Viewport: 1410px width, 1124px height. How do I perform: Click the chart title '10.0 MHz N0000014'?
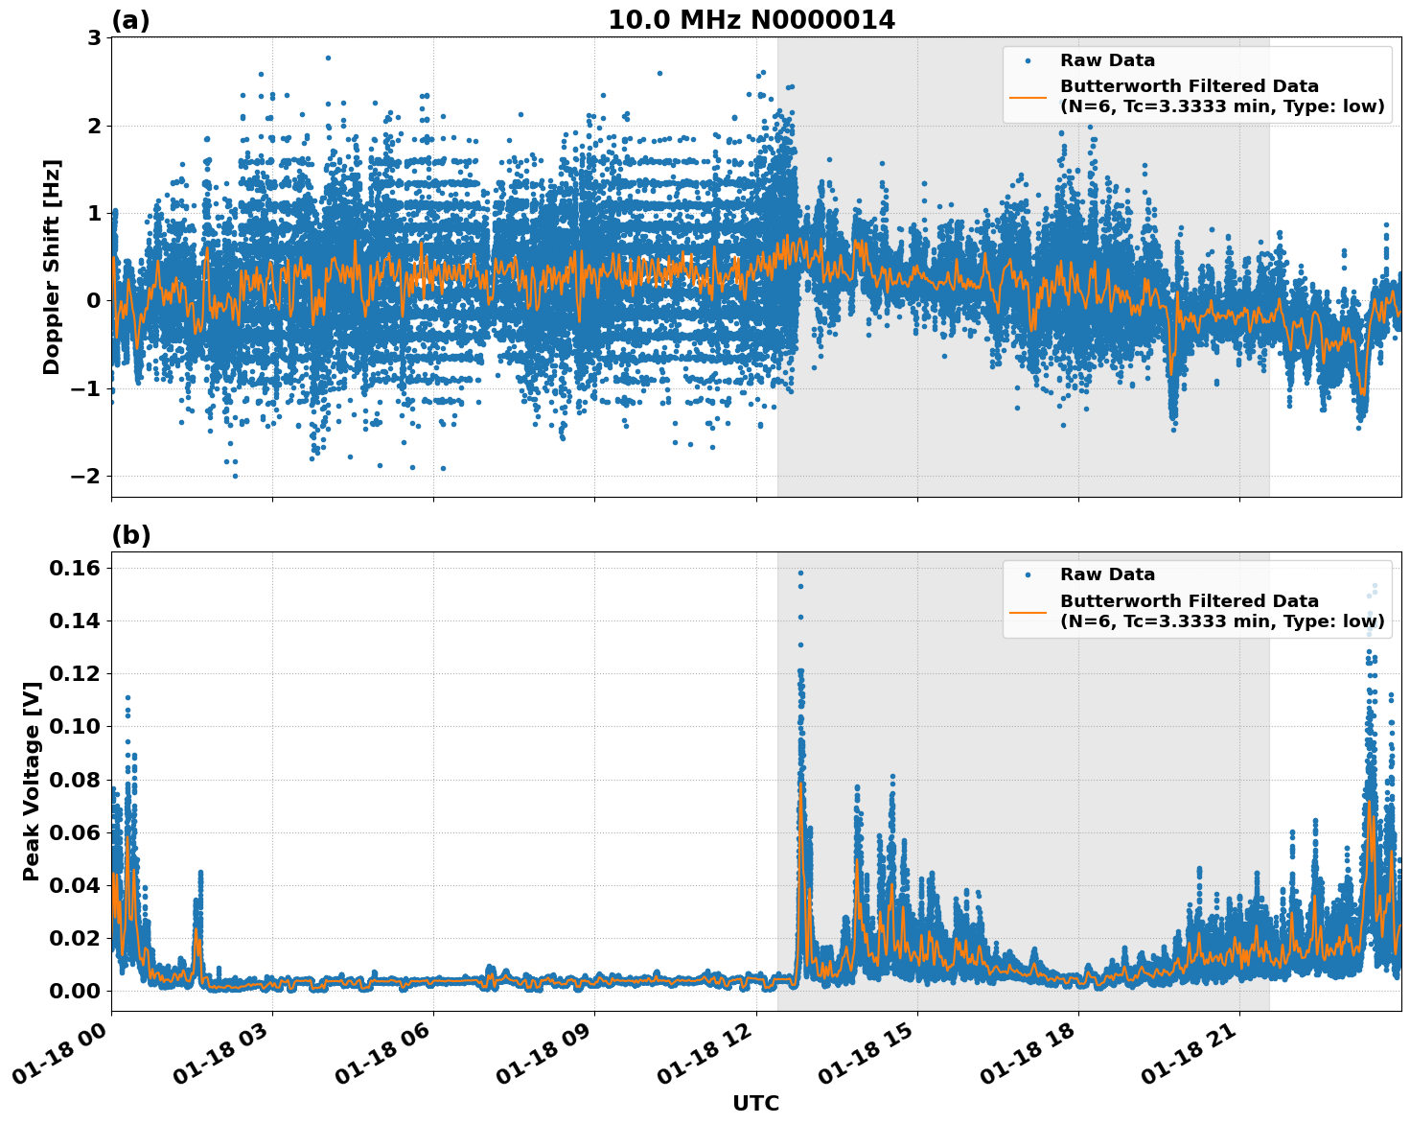751,20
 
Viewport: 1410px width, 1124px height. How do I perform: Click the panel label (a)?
130,20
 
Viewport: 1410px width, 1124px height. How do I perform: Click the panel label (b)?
130,535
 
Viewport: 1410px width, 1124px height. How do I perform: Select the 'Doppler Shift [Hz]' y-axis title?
52,267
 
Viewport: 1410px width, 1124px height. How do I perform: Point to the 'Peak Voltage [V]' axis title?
32,782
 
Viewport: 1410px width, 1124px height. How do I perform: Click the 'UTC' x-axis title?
755,1104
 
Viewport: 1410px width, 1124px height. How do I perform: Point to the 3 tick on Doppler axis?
94,38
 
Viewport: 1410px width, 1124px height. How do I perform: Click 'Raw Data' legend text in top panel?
1107,60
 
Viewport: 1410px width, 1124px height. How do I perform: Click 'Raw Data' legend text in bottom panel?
1107,574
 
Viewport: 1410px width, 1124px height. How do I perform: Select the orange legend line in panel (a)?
1028,97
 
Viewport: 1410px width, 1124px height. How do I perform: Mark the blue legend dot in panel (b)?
1028,574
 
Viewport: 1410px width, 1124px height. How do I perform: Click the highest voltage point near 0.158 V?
800,574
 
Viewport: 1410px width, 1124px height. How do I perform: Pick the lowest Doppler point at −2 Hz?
235,476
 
